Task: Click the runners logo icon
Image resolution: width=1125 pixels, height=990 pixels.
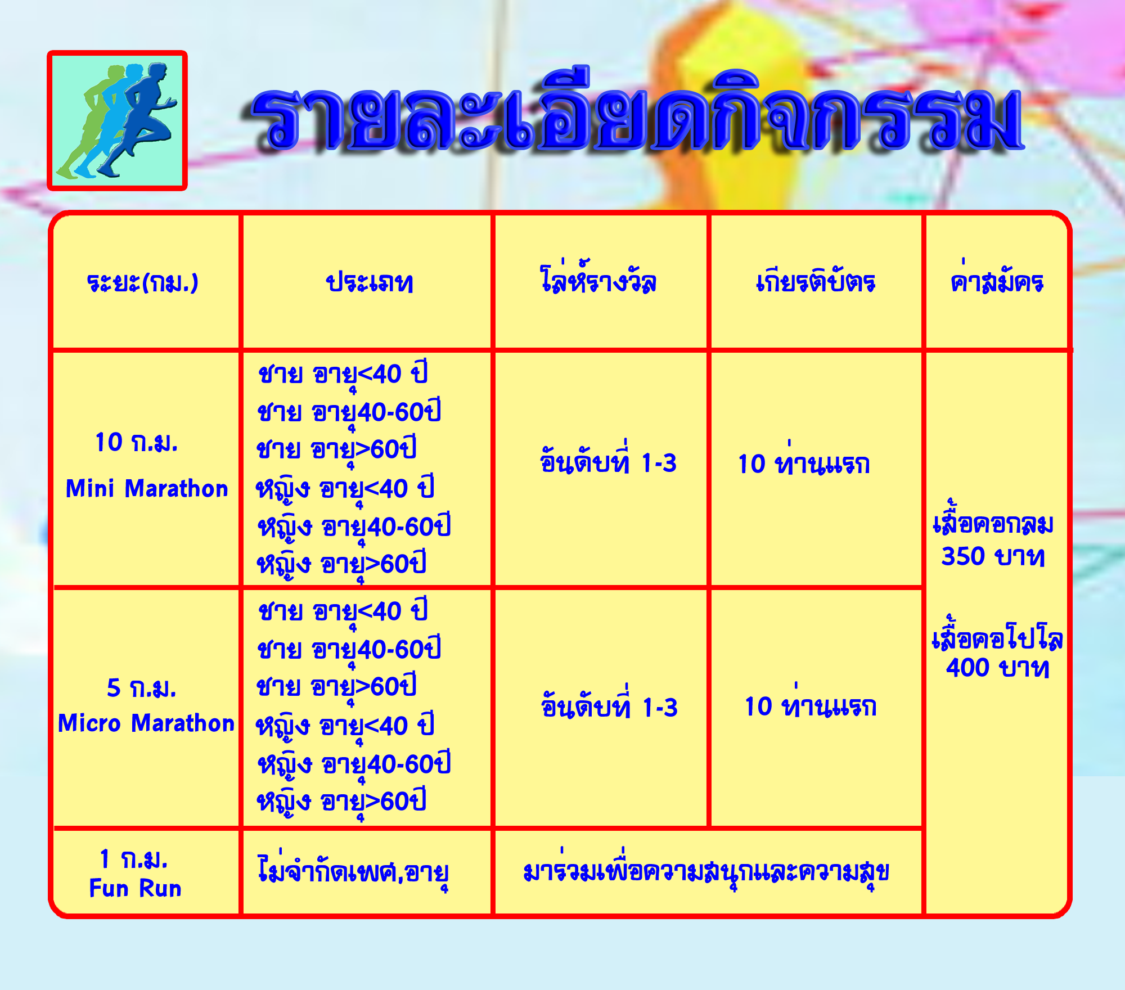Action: pos(117,120)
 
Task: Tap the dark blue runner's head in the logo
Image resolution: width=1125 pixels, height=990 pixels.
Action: pos(157,73)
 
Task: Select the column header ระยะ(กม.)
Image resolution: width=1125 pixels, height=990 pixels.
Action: pos(143,282)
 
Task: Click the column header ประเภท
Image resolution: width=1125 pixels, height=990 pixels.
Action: pos(370,282)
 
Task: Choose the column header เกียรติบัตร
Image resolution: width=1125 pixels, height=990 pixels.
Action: pos(816,280)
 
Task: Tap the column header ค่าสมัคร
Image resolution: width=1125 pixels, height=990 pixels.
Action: pos(997,278)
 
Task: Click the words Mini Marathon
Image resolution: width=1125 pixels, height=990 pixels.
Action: pos(147,488)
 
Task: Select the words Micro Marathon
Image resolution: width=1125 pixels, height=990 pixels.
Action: pos(146,723)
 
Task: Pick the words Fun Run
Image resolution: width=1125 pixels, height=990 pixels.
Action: pos(136,888)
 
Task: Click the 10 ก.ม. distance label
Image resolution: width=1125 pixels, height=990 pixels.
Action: pos(137,442)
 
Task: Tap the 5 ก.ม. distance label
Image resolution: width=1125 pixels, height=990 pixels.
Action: pos(142,687)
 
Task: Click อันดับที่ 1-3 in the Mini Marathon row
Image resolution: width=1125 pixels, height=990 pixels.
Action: pos(608,460)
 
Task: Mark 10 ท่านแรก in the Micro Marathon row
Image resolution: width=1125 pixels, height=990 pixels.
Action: pos(811,704)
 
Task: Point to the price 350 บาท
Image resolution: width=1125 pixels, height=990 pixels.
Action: pos(993,556)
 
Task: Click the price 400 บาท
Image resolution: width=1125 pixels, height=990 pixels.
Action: pos(998,668)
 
